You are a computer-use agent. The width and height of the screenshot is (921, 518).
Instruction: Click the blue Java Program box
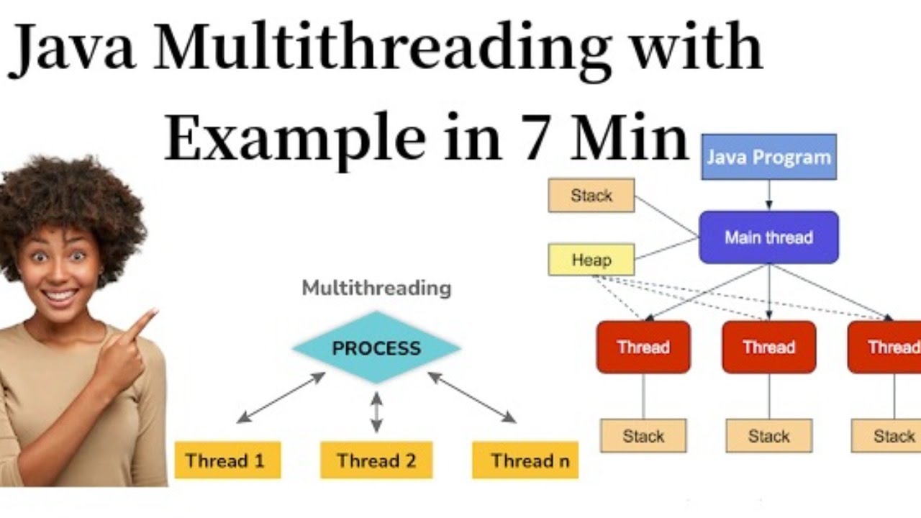click(x=768, y=157)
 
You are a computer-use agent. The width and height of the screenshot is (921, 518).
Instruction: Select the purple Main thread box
click(x=768, y=237)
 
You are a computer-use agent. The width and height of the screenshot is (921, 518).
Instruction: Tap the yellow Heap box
click(x=591, y=260)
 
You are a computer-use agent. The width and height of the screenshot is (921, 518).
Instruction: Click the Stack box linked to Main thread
click(x=591, y=196)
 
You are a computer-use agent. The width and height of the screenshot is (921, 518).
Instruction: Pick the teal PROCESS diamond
click(x=376, y=348)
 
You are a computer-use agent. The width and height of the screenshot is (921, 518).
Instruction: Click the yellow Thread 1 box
click(x=227, y=460)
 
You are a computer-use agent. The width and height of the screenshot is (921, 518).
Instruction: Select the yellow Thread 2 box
click(x=376, y=460)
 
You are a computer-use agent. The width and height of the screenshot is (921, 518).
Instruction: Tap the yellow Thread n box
click(x=525, y=460)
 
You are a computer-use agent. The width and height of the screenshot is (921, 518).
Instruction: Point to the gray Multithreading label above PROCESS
click(x=376, y=288)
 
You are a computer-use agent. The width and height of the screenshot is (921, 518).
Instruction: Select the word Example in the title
click(x=295, y=137)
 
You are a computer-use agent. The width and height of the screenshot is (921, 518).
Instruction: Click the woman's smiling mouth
click(x=60, y=295)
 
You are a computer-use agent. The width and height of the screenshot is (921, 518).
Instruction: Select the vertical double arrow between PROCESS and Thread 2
click(x=376, y=412)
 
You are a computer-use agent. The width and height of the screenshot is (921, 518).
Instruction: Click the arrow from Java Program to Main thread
click(x=768, y=195)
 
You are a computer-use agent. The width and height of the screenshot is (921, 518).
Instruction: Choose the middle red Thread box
click(x=768, y=347)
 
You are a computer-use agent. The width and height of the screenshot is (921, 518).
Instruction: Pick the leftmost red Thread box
click(x=643, y=347)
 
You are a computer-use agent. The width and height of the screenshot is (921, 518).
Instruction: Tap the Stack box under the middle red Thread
click(x=768, y=436)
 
